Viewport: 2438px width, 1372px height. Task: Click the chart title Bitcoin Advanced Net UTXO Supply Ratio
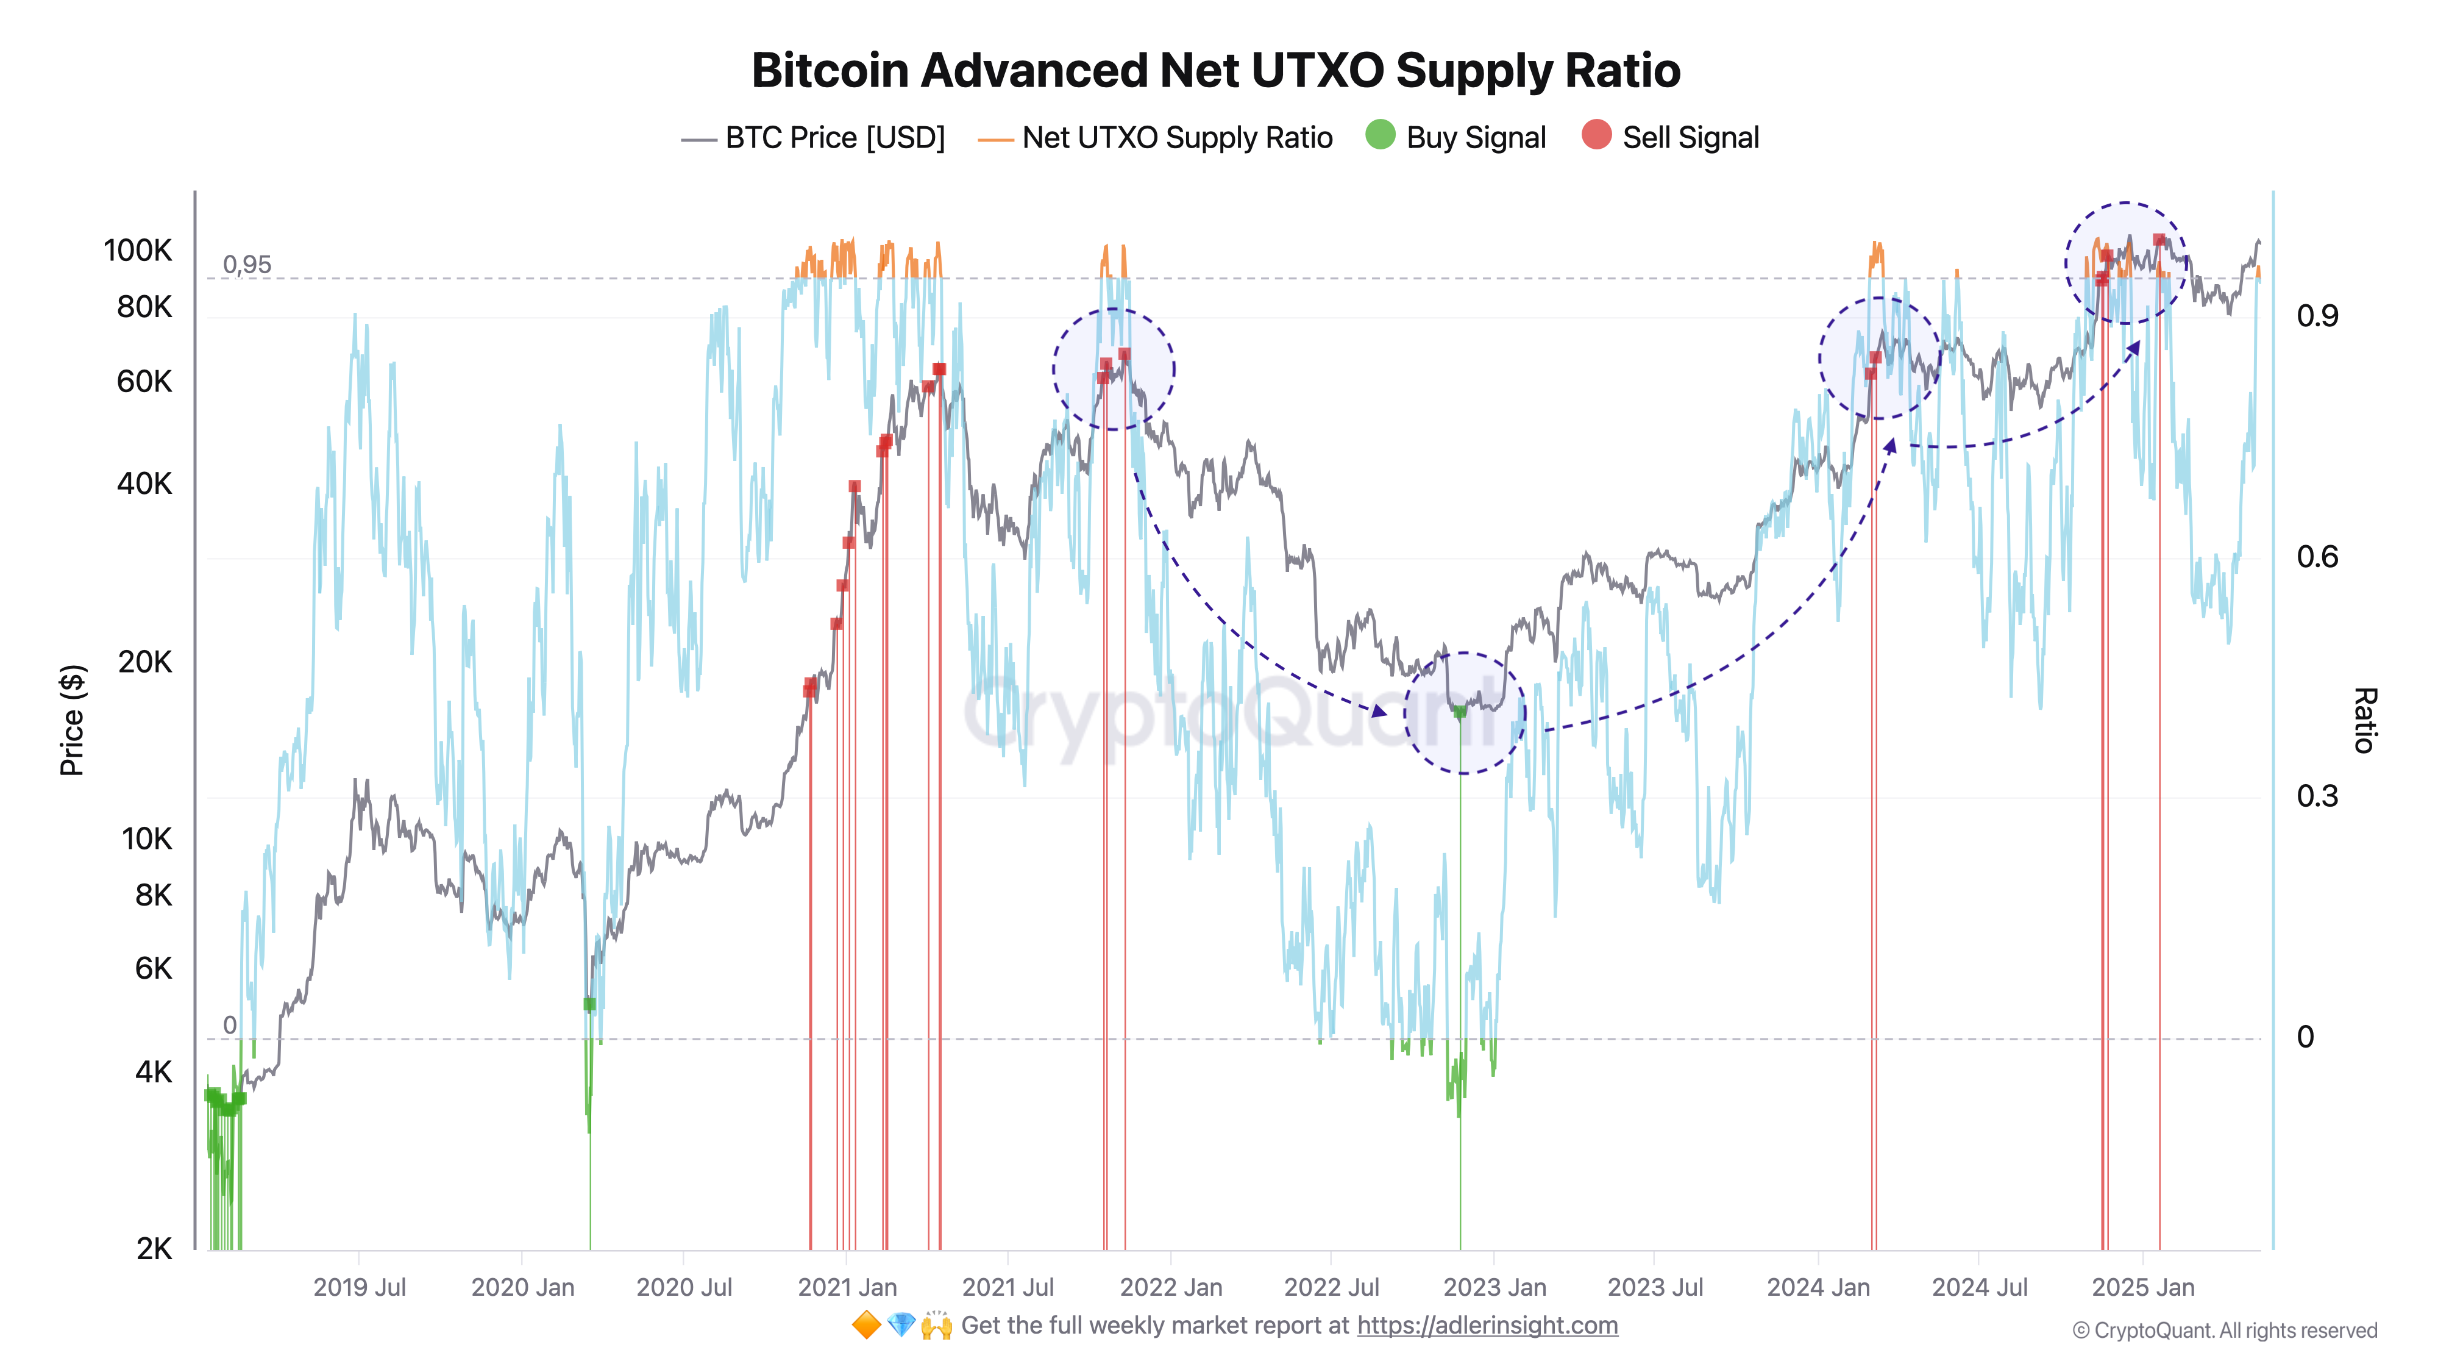pos(1215,71)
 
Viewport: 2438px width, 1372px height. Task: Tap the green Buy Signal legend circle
pos(1380,135)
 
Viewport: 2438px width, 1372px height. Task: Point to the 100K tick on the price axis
pos(138,251)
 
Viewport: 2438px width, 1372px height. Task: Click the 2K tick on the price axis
pos(154,1249)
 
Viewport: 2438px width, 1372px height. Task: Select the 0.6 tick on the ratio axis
pos(2317,557)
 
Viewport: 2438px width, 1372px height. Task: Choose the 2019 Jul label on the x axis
pos(359,1288)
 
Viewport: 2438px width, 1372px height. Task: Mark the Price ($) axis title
pos(72,720)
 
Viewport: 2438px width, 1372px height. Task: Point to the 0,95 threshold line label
pos(247,265)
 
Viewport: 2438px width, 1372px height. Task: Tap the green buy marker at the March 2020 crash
pos(589,1004)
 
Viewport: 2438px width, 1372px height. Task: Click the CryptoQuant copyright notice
pos(2224,1331)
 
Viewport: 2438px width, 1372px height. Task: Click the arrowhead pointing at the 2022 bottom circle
pos(1380,710)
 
